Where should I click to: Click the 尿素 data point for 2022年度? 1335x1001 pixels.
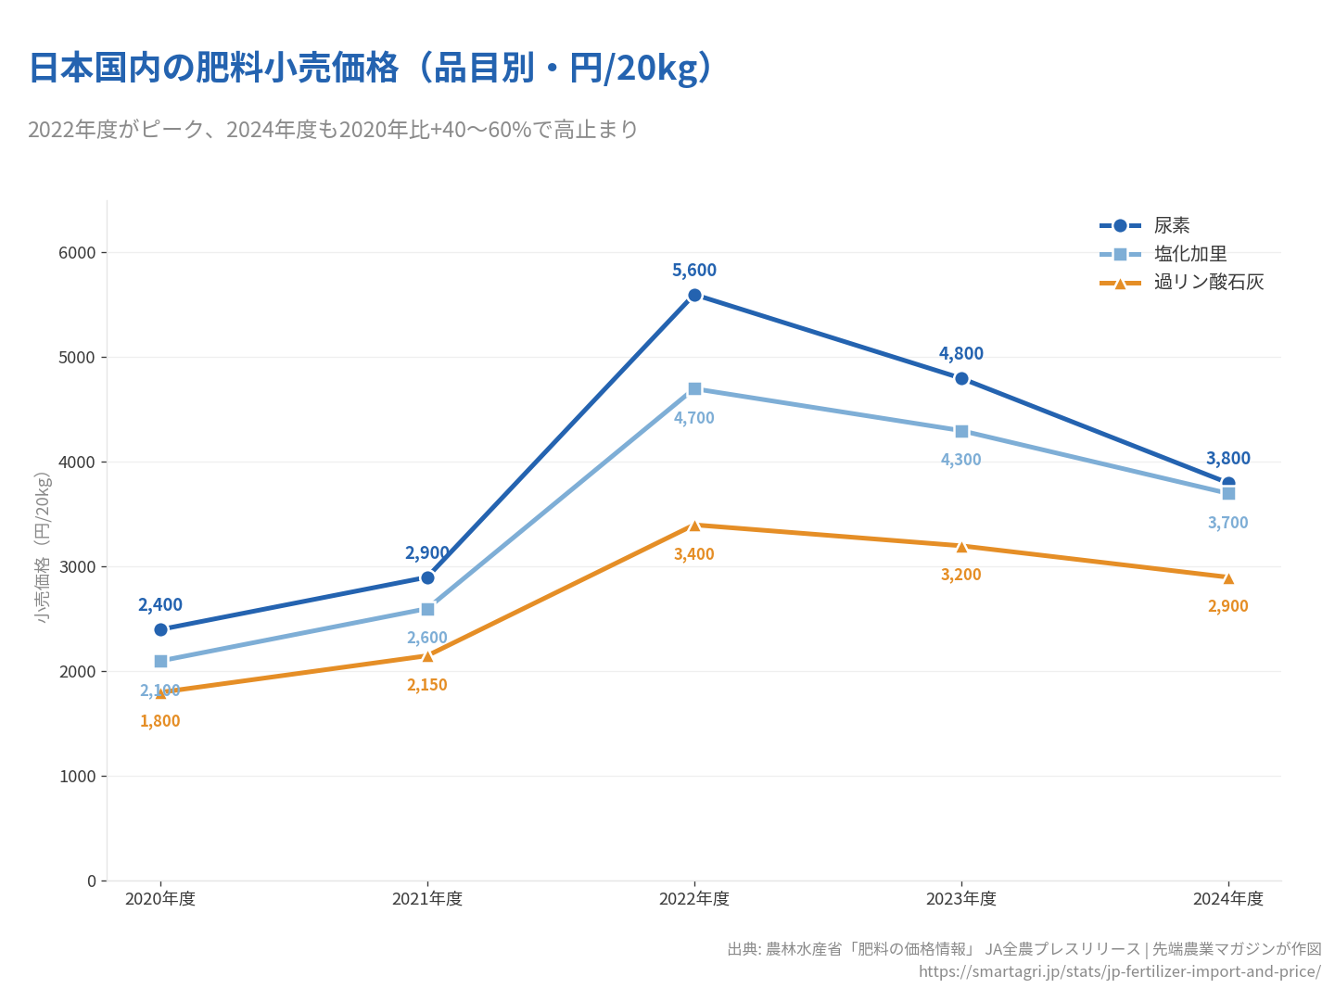point(694,295)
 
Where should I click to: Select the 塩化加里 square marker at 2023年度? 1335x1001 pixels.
point(961,431)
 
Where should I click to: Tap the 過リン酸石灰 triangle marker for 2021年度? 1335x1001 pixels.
point(427,655)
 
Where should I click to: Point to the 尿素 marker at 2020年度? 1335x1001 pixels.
point(160,629)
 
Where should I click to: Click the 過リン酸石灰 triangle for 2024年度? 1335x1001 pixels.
point(1228,577)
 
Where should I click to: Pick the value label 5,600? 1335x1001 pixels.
point(694,271)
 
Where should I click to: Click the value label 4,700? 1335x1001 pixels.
point(694,418)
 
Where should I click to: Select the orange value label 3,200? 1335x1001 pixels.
point(961,575)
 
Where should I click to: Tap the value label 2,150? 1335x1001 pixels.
point(427,685)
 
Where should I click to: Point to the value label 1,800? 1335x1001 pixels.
point(160,721)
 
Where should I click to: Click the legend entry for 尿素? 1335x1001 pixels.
point(1172,225)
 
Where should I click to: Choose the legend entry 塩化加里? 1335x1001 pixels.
point(1190,254)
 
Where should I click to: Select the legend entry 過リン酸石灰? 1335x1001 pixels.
point(1209,282)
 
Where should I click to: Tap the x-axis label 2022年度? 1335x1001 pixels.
point(694,899)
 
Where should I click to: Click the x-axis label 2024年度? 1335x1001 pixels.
point(1228,899)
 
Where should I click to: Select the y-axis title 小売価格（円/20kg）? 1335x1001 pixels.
point(43,547)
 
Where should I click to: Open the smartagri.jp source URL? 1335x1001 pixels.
point(1119,971)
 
